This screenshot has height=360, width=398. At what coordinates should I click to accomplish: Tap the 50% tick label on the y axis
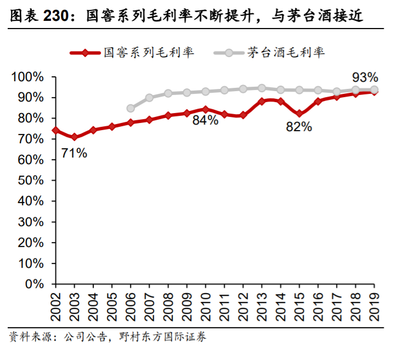click(x=30, y=181)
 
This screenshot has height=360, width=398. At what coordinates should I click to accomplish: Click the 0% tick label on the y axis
click(x=33, y=284)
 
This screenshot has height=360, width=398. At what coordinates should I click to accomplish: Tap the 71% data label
click(x=74, y=153)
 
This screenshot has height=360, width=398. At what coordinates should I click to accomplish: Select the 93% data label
click(x=365, y=76)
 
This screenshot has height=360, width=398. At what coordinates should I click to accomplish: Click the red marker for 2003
click(x=74, y=137)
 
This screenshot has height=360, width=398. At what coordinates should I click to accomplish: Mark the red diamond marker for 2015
click(x=299, y=114)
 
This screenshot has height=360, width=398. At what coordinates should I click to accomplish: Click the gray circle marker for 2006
click(x=130, y=109)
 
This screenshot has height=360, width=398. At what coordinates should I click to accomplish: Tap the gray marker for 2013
click(x=261, y=88)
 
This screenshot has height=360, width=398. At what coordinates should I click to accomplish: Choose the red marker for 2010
click(x=205, y=110)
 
